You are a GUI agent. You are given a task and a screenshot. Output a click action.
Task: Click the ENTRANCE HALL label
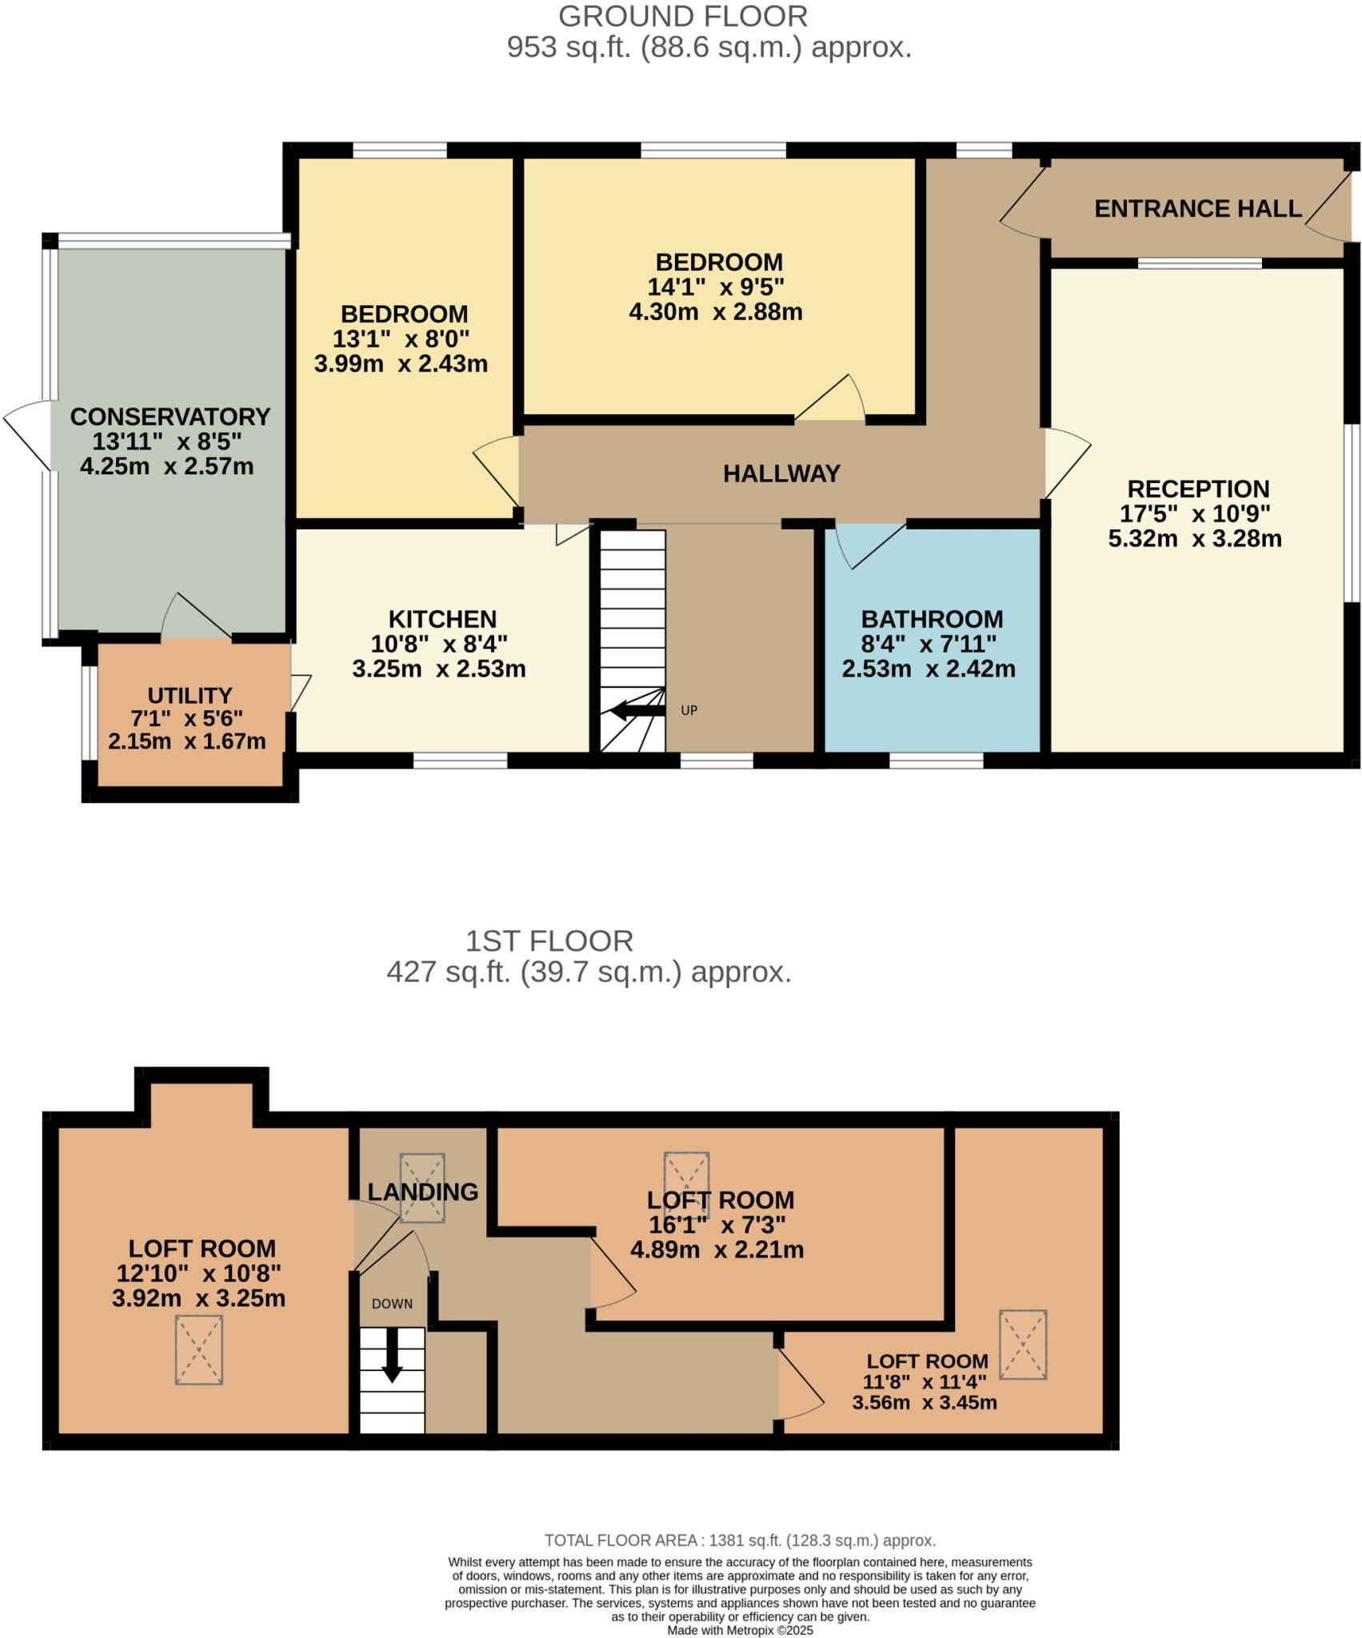(x=1197, y=209)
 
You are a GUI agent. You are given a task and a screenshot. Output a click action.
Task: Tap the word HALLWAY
(x=781, y=473)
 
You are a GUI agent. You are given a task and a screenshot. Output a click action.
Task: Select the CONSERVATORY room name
(x=170, y=417)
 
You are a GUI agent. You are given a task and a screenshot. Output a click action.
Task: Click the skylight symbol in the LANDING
(x=422, y=1188)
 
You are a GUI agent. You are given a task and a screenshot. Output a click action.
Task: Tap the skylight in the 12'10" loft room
(x=199, y=1349)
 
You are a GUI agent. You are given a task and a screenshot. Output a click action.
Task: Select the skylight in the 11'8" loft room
(x=1022, y=1344)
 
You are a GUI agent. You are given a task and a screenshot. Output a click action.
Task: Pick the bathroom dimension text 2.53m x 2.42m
(x=928, y=669)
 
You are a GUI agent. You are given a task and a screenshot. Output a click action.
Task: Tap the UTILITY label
(x=190, y=695)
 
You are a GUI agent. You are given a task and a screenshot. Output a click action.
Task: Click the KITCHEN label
(x=442, y=619)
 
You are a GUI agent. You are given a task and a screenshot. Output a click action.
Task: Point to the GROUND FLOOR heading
(x=682, y=16)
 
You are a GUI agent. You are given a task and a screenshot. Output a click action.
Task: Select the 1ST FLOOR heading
(x=549, y=941)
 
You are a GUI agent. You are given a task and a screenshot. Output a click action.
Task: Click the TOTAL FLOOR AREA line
(x=740, y=1540)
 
